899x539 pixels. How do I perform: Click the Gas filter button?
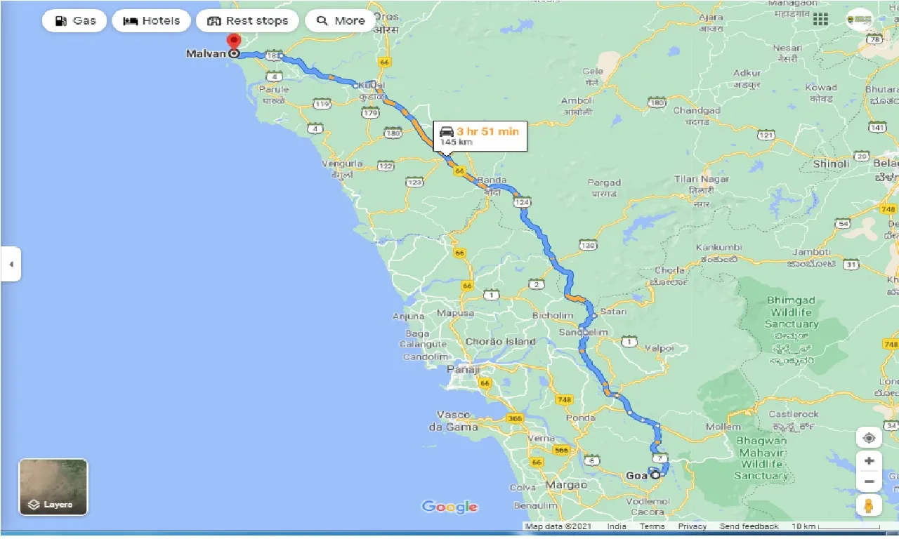pos(74,21)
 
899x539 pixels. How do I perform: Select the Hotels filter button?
pos(151,21)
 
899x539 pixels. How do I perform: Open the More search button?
pos(341,21)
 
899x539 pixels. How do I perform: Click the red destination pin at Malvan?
pos(234,43)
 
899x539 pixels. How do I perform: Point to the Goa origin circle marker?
pos(655,475)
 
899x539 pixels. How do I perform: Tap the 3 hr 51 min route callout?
pos(480,135)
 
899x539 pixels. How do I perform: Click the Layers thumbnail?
pos(53,487)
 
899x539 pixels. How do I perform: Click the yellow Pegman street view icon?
pos(869,505)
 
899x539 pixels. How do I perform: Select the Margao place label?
pos(567,485)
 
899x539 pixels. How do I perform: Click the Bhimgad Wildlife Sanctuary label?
pos(792,312)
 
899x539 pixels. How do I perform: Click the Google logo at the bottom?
pos(449,507)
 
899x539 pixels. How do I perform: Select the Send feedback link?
pos(749,526)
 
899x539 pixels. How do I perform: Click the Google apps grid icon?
pos(820,20)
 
